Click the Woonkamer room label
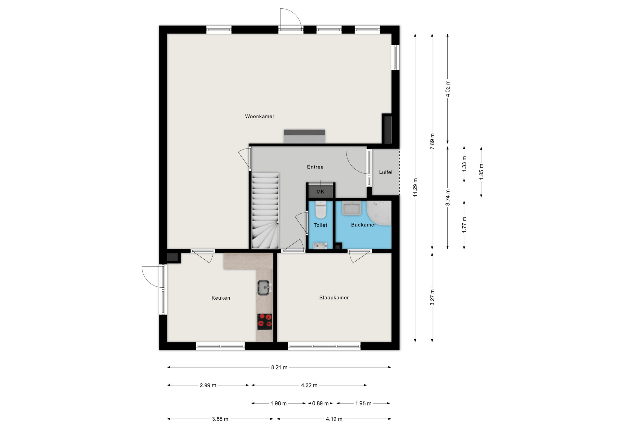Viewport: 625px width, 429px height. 259,116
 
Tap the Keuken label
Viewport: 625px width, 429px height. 221,298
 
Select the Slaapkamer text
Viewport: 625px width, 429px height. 334,298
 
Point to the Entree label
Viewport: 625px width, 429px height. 315,167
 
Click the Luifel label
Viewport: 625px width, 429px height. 386,172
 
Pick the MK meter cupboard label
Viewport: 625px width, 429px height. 320,192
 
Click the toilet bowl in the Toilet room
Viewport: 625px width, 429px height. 320,209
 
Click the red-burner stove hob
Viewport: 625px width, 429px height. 265,322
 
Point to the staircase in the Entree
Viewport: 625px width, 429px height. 265,210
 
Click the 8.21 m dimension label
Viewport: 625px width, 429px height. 279,367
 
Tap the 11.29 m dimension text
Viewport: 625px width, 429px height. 415,187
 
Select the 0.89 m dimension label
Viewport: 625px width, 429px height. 320,403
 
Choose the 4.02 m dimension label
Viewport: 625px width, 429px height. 448,89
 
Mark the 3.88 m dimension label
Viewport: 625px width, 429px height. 220,419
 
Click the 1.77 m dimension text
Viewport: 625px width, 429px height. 464,225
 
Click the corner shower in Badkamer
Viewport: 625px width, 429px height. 379,213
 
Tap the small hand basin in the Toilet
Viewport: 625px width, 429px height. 320,245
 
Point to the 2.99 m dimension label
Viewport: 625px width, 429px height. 208,385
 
